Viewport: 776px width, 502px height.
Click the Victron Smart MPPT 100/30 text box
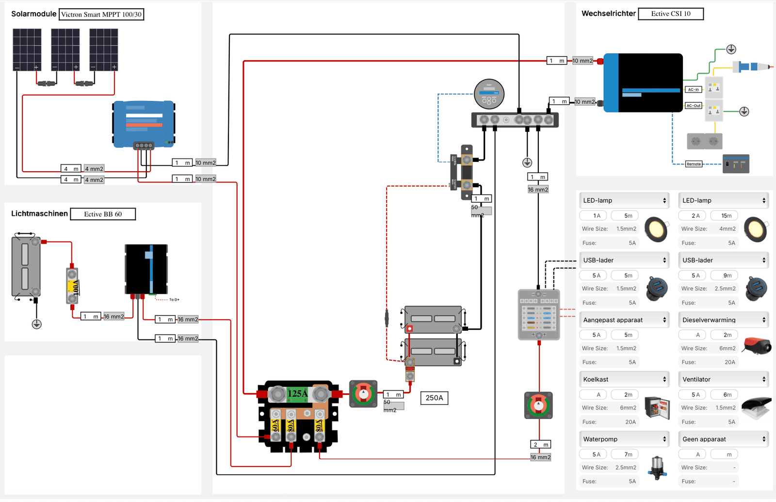101,15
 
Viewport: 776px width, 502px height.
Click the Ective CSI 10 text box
670,14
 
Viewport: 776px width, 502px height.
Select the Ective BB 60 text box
103,214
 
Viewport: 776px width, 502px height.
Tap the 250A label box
434,398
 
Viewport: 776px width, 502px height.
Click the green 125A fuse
297,393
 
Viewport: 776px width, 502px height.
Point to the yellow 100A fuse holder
72,287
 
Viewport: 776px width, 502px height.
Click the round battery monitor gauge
489,94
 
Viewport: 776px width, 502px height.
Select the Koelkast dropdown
624,379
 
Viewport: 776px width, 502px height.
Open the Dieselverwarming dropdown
724,320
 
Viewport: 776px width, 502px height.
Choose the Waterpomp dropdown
624,439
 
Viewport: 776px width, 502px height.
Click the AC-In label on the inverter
694,89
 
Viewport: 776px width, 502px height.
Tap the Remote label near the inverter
694,164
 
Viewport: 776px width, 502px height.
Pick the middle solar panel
65,49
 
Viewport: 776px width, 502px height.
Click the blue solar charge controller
144,124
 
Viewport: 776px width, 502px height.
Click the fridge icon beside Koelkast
657,406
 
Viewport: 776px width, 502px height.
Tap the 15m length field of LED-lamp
726,216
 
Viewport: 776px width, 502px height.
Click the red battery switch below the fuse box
538,405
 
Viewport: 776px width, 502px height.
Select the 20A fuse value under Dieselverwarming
729,362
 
